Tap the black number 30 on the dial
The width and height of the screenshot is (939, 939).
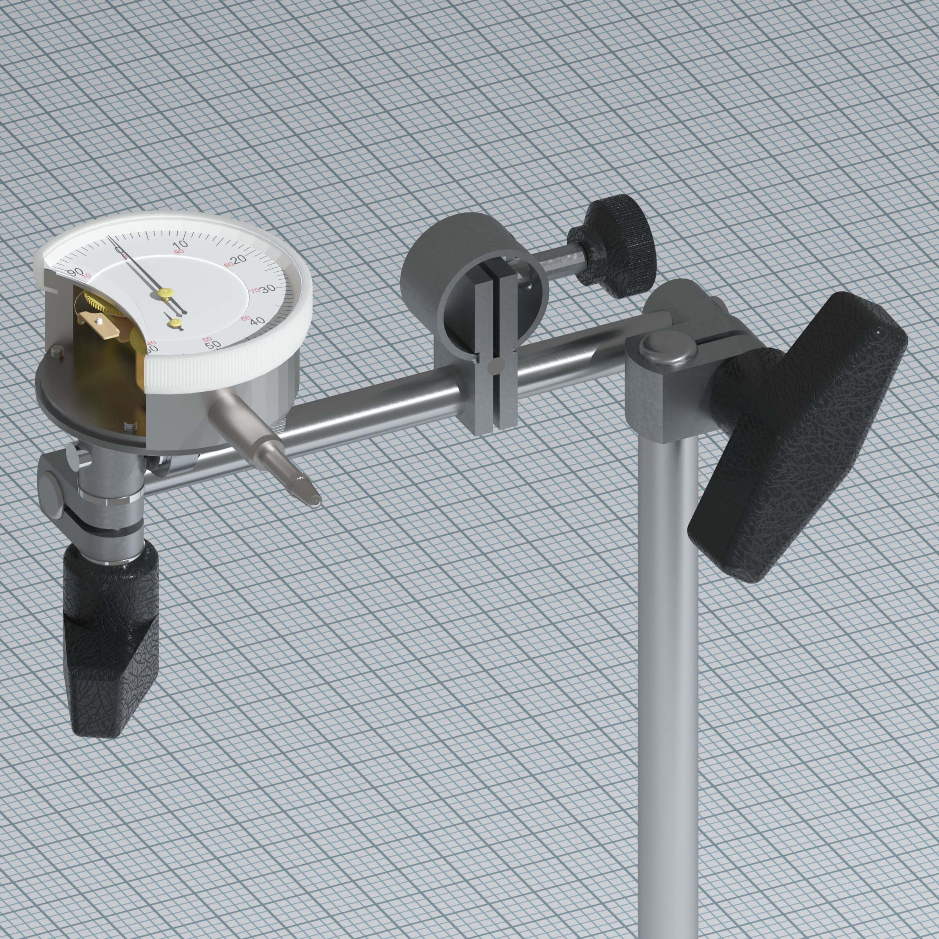click(268, 290)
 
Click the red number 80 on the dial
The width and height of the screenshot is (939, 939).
click(228, 265)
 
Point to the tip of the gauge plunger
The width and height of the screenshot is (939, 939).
click(315, 501)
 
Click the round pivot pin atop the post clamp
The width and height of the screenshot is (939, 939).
click(666, 348)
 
